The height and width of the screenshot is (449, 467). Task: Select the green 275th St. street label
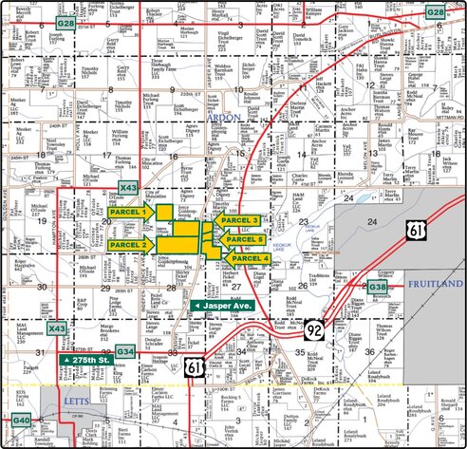coord(86,362)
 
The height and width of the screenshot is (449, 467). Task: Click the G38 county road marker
coord(378,287)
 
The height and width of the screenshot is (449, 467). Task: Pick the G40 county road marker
coord(22,420)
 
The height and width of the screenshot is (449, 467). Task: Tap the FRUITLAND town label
coord(435,284)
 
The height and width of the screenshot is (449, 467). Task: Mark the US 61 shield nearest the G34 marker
coord(194,365)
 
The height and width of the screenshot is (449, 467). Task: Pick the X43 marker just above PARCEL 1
coord(128,188)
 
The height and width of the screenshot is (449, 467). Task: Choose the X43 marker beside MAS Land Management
coord(58,328)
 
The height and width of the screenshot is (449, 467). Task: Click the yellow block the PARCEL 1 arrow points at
coord(165,212)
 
